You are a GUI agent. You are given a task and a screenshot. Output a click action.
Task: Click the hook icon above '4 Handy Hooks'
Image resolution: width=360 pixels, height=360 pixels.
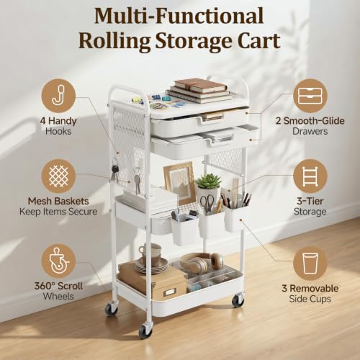[x=58, y=96]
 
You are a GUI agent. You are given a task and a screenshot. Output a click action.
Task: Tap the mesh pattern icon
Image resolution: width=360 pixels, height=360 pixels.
[x=58, y=176]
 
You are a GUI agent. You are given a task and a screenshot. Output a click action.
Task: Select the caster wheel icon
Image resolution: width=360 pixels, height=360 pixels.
[x=58, y=261]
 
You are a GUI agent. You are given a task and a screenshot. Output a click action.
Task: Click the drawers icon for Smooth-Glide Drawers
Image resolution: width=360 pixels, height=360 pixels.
[x=310, y=96]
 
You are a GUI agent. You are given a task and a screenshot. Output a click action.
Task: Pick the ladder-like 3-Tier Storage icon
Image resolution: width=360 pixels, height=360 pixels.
[x=310, y=176]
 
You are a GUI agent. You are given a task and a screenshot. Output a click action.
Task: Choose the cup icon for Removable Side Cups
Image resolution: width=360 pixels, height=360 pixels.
[x=310, y=264]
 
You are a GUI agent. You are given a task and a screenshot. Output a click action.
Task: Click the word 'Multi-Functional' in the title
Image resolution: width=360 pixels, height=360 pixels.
[x=179, y=16]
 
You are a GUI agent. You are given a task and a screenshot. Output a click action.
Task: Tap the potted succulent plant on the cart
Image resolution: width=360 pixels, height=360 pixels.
[x=208, y=185]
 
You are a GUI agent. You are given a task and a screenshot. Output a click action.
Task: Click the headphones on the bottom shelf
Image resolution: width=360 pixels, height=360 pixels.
[x=202, y=262]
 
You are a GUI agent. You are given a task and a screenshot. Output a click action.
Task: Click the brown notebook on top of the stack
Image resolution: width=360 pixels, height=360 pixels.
[x=201, y=86]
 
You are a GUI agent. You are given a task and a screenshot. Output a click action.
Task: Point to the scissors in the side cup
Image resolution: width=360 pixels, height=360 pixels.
[x=207, y=203]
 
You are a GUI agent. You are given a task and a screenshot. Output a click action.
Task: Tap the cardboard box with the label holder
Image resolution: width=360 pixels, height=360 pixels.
[x=153, y=282]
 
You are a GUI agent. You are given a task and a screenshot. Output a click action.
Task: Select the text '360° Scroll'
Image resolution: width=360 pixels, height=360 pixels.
[x=58, y=286]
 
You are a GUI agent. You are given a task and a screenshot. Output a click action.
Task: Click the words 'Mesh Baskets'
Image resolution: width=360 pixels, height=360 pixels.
[x=58, y=201]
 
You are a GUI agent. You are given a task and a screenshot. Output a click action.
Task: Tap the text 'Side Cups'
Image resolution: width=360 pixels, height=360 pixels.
[x=310, y=299]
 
